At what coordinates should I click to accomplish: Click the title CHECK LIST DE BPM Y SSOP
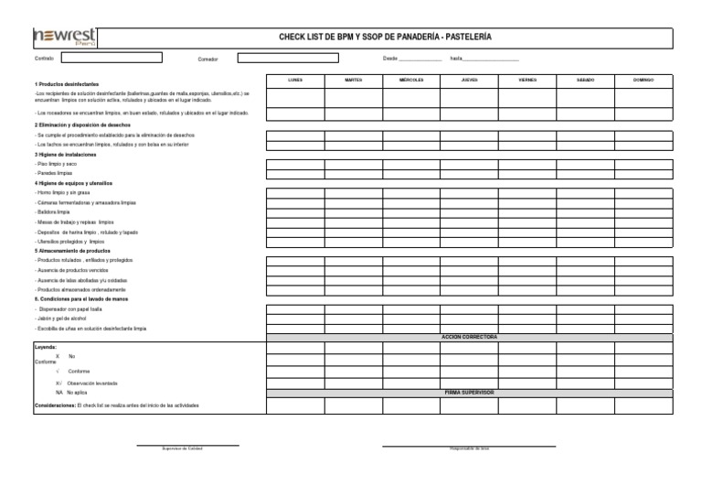[384, 37]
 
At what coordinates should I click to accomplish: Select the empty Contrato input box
[112, 58]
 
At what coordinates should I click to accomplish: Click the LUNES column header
[295, 81]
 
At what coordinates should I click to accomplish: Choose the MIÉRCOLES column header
[411, 81]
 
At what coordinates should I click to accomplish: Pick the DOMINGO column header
[643, 81]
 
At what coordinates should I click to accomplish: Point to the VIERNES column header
[527, 81]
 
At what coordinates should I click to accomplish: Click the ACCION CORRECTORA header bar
[469, 337]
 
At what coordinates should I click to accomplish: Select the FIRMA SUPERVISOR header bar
[469, 392]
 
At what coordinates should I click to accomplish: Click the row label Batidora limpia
[52, 211]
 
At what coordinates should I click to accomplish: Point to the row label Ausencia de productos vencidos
[73, 269]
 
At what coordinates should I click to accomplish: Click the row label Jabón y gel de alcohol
[62, 318]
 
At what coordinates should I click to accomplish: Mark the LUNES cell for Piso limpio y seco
[295, 163]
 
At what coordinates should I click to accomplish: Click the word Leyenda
[46, 348]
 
